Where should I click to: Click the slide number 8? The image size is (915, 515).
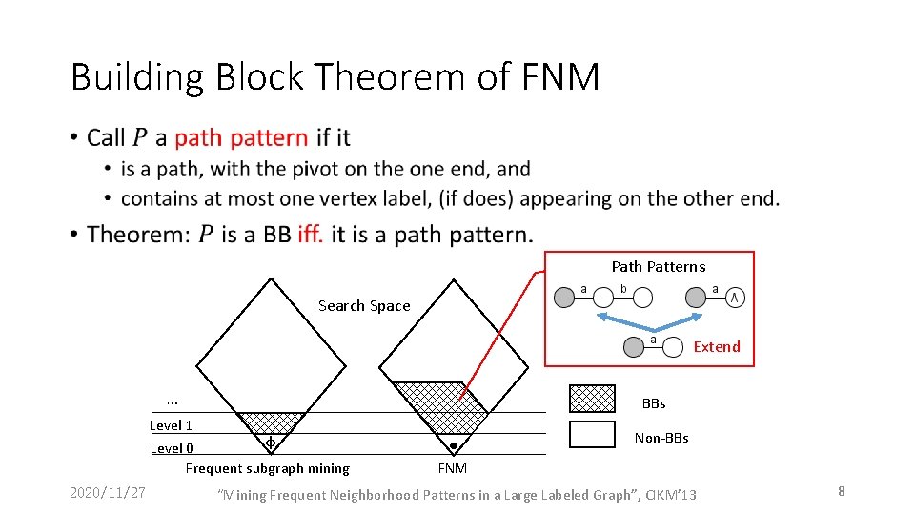(842, 491)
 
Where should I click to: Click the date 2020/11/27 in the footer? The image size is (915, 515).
(108, 492)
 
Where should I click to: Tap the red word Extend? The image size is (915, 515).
(717, 347)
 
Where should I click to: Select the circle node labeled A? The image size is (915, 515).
(735, 299)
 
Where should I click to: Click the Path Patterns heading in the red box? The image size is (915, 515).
(659, 267)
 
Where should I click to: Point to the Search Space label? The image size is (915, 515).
(364, 306)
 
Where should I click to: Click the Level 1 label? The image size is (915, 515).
(172, 425)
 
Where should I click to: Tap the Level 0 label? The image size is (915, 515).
(172, 448)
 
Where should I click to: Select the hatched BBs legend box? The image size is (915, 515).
(592, 398)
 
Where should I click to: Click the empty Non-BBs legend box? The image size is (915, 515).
(592, 434)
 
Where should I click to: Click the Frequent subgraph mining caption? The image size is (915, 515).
(267, 468)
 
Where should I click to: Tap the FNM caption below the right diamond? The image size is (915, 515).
(453, 468)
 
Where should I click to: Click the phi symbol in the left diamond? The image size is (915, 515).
(270, 443)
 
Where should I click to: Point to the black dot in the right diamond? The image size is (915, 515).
(454, 445)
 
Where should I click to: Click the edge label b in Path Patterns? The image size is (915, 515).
(623, 288)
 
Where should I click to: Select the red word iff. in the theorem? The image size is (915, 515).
(310, 235)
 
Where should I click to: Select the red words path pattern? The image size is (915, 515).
(241, 137)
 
